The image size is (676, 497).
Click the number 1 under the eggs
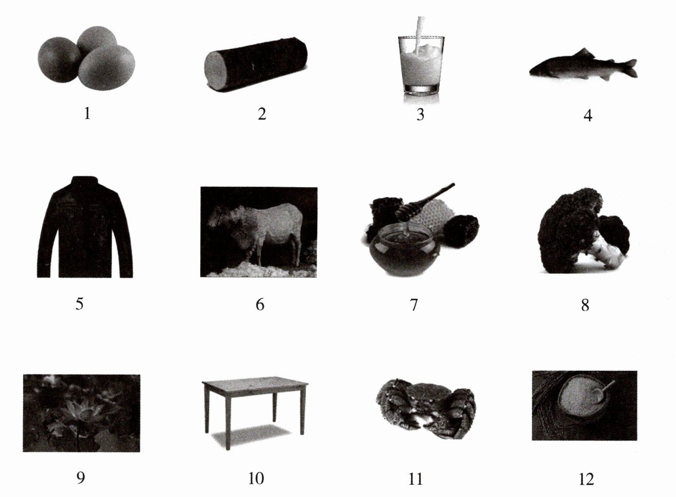pyautogui.click(x=87, y=114)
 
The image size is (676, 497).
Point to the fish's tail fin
pyautogui.click(x=630, y=68)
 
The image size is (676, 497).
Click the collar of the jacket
pyautogui.click(x=85, y=181)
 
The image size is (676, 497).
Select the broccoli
pyautogui.click(x=584, y=231)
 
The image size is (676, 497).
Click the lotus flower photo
pyautogui.click(x=81, y=413)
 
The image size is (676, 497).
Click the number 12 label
pyautogui.click(x=586, y=479)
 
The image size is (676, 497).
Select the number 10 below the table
pyautogui.click(x=256, y=478)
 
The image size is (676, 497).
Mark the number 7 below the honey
pyautogui.click(x=414, y=305)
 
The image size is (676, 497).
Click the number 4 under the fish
pyautogui.click(x=587, y=115)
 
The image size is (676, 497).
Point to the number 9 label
pyautogui.click(x=80, y=478)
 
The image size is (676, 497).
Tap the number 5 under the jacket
pyautogui.click(x=79, y=304)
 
